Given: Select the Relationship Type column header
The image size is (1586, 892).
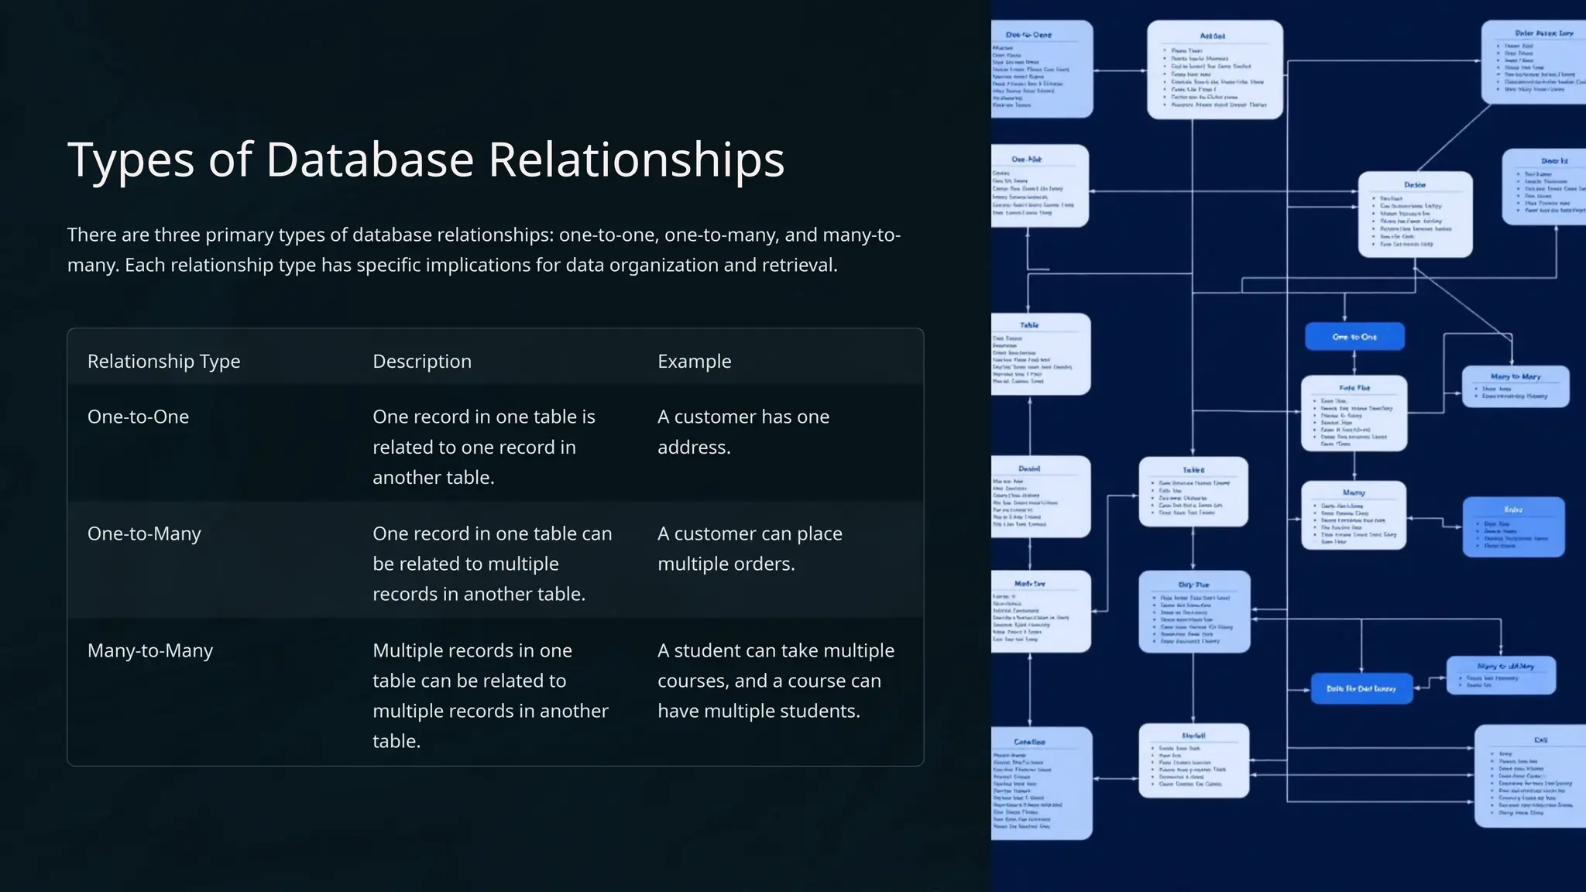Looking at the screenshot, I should point(163,362).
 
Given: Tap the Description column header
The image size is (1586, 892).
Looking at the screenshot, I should point(421,362).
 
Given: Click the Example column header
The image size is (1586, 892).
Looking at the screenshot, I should point(694,362).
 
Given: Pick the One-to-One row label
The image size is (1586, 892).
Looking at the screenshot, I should point(138,417).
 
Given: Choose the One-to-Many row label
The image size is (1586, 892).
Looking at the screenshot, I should point(144,533).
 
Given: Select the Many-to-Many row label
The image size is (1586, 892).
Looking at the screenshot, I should point(149,650).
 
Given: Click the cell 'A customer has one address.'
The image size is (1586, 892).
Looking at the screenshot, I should point(743,432).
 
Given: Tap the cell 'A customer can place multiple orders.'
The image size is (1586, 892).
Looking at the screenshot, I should point(749,548).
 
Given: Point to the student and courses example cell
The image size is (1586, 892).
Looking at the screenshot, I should point(775,681).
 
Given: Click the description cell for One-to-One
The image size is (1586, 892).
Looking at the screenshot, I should point(483,447).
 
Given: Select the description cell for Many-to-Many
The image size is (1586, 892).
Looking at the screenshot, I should point(489,695).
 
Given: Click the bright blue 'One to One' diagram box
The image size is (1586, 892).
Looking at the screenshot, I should point(1354,337).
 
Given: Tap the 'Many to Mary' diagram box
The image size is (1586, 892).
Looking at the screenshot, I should point(1515,386).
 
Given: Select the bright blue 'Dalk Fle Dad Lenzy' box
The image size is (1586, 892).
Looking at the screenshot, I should point(1361,688).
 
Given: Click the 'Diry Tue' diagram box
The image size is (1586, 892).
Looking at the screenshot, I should point(1193,612).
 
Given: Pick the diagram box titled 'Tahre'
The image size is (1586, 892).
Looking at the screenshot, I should point(1193,492).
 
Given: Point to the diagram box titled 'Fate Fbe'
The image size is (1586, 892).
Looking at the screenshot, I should point(1354,413).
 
